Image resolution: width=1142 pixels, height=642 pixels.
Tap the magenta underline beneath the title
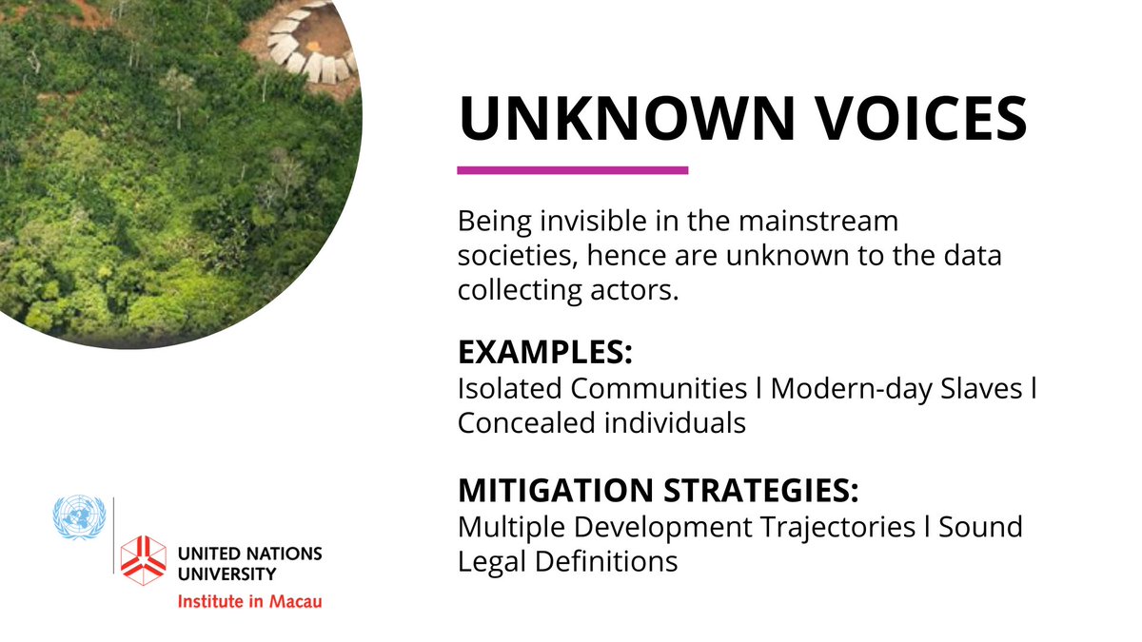(572, 170)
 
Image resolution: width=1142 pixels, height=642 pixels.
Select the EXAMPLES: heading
(544, 352)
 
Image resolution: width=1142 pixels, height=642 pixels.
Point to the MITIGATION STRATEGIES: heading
(658, 490)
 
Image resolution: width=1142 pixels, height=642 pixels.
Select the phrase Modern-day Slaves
(896, 389)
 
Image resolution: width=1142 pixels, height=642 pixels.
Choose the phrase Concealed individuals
(601, 423)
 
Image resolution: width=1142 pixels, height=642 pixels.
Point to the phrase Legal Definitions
(567, 560)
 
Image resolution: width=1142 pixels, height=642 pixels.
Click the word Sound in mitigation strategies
(980, 526)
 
